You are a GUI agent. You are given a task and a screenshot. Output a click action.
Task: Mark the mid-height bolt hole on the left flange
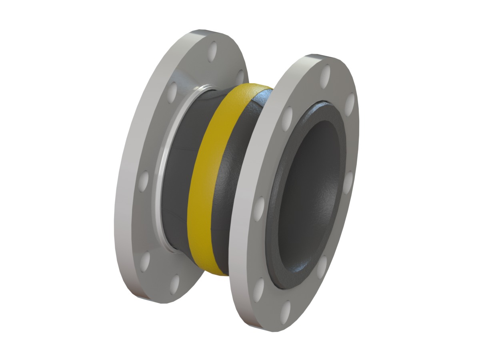pos(143,182)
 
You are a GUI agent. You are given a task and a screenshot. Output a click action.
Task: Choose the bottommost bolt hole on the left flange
pos(174,283)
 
